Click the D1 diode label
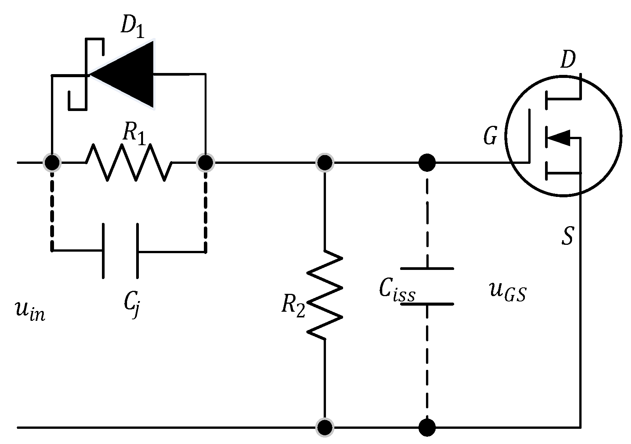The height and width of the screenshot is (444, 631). pyautogui.click(x=132, y=28)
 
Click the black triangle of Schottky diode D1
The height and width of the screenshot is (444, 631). pyautogui.click(x=126, y=74)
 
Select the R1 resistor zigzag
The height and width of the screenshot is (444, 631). pyautogui.click(x=129, y=163)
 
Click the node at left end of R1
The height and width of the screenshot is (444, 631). pyautogui.click(x=52, y=163)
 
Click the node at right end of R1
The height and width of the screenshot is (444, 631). pyautogui.click(x=206, y=163)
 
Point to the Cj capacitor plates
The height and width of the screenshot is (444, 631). pyautogui.click(x=120, y=251)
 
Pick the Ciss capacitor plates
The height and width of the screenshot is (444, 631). pyautogui.click(x=427, y=286)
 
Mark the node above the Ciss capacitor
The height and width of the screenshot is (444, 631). pyautogui.click(x=427, y=163)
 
